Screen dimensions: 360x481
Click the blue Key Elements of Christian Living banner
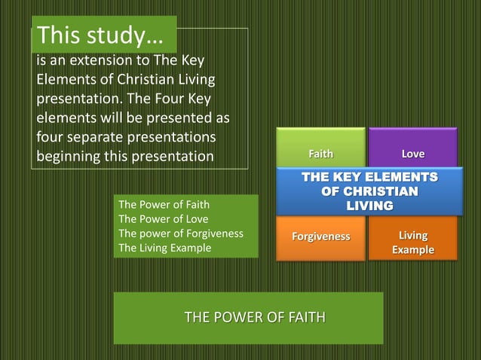pos(369,191)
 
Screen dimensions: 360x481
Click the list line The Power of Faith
pos(164,203)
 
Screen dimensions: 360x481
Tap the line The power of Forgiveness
pos(181,233)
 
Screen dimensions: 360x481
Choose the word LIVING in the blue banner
pos(369,205)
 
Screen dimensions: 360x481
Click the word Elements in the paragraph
pos(69,79)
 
